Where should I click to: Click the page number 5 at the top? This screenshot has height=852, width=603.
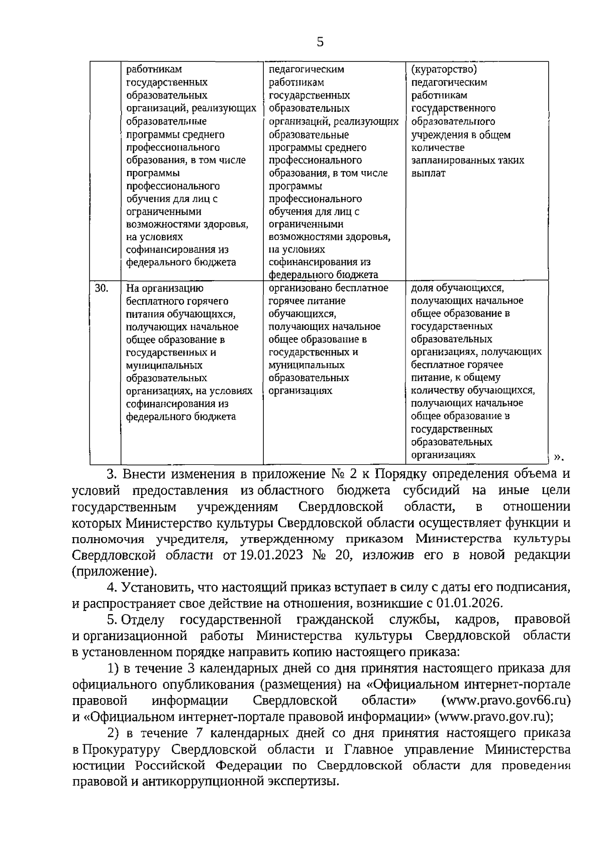point(320,42)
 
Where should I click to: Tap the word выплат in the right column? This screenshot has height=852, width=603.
point(428,174)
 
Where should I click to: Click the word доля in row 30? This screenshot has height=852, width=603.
point(421,288)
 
